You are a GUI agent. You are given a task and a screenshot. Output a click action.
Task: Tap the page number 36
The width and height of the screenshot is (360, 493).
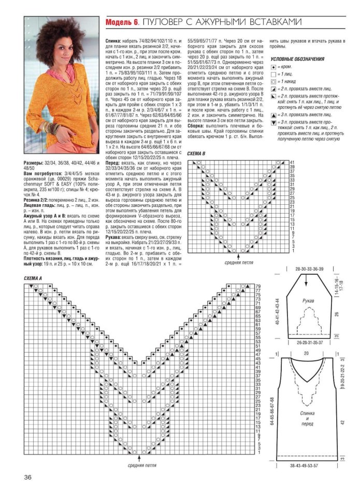pyautogui.click(x=29, y=477)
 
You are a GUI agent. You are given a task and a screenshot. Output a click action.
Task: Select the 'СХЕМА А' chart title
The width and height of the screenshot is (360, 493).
pyautogui.click(x=33, y=279)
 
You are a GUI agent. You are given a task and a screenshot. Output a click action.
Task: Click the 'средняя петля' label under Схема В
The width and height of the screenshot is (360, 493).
pyautogui.click(x=238, y=262)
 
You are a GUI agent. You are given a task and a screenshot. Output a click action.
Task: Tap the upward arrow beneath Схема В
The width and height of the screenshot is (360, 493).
pyautogui.click(x=238, y=256)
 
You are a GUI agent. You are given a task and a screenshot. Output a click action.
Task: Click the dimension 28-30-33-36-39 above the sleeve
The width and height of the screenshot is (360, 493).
pyautogui.click(x=309, y=270)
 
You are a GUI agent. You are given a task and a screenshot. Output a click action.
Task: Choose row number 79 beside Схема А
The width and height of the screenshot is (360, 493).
pyautogui.click(x=258, y=286)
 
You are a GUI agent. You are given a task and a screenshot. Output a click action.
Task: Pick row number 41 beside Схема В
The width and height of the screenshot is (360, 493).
pyautogui.click(x=292, y=163)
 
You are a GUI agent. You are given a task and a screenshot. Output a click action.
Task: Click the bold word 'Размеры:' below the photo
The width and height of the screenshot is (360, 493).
pyautogui.click(x=34, y=163)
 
